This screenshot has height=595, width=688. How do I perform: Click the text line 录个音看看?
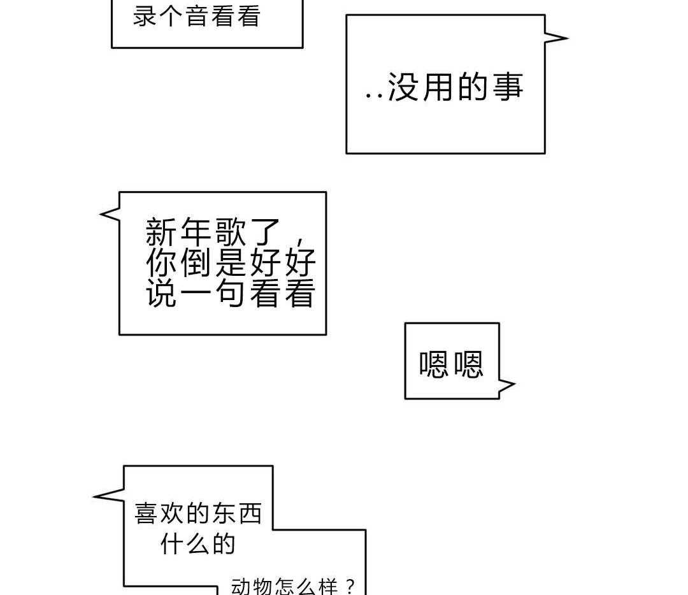tap(197, 17)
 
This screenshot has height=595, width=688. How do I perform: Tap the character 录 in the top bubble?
tap(145, 17)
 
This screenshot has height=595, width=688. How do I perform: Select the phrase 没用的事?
tap(455, 87)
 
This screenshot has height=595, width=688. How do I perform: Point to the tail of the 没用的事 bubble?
tap(558, 38)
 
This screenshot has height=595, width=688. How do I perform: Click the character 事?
tap(508, 87)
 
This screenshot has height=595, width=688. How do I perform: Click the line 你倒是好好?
tap(231, 262)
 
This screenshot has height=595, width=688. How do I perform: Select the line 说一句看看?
tap(231, 294)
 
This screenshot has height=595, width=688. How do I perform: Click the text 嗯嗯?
tap(451, 364)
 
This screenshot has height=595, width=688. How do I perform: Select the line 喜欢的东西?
tap(198, 513)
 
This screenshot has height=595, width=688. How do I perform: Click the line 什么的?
tap(198, 544)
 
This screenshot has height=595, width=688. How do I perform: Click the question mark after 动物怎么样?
tap(349, 586)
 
